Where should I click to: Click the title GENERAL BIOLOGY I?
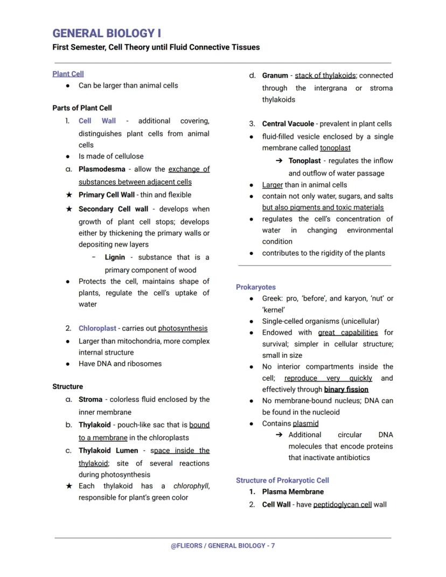pos(107,33)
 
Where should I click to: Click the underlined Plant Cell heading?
pos(68,74)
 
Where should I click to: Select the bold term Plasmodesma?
pos(102,169)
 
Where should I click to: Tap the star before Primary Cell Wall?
pos(68,195)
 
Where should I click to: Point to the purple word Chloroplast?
pos(97,328)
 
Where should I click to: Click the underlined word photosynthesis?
pos(183,328)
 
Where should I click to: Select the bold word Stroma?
pos(90,400)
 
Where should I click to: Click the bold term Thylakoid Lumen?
pos(108,450)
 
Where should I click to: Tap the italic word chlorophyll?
pos(191,486)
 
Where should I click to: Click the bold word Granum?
pos(275,75)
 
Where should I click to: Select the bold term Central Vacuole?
pos(288,124)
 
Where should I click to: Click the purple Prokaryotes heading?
pos(255,287)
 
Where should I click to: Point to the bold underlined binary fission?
pos(346,389)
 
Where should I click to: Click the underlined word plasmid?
pos(305,423)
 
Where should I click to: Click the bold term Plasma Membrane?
pos(293,492)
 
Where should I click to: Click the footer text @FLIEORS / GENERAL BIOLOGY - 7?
pos(222,546)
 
